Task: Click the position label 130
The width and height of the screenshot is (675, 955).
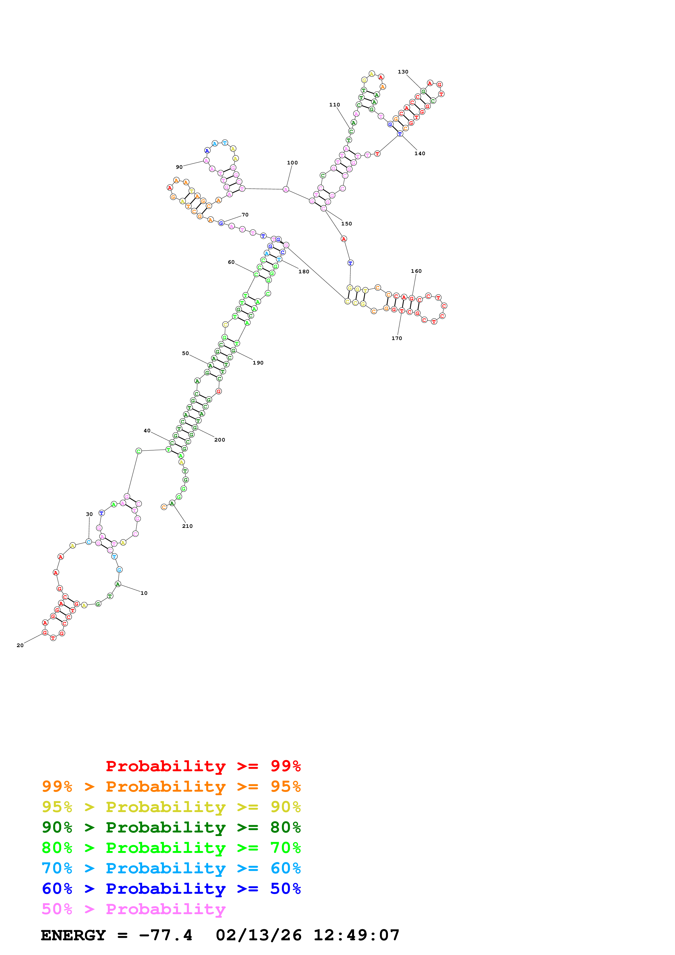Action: point(403,72)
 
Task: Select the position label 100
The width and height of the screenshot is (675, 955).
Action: point(292,163)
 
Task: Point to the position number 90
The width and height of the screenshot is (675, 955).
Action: point(179,167)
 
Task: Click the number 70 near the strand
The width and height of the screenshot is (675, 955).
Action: point(245,215)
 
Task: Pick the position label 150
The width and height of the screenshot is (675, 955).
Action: point(346,224)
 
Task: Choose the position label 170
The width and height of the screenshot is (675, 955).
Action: point(397,338)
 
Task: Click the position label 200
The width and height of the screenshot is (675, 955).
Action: point(219,440)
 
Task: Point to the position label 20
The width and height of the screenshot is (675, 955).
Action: point(20,645)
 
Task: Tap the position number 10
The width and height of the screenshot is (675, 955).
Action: point(144,593)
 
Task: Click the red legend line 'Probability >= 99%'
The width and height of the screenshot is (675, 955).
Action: point(203,766)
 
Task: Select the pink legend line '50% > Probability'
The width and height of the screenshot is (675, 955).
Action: point(133,909)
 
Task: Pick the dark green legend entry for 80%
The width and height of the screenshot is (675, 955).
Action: point(171,827)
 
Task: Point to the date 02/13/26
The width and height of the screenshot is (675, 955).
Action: point(258,935)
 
